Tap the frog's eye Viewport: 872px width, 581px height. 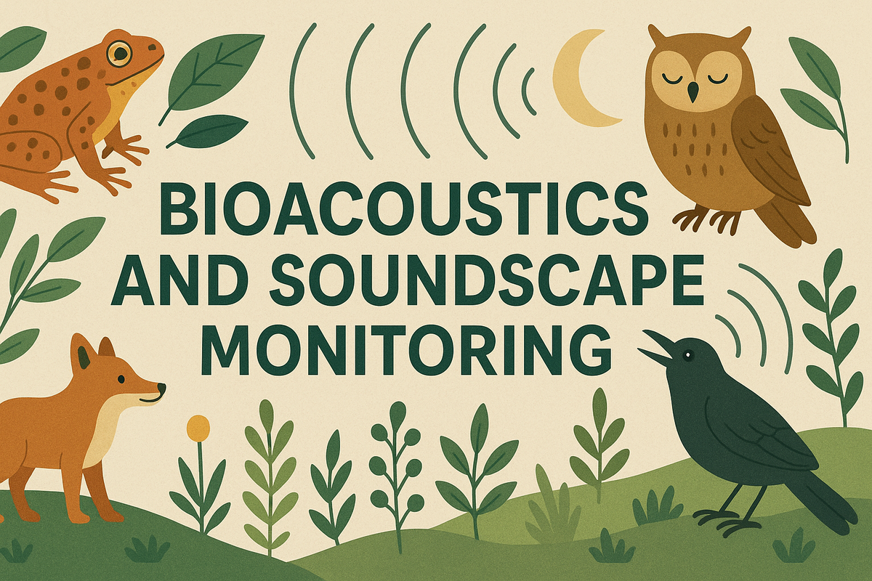[x=118, y=52]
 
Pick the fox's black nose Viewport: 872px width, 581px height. [x=161, y=389]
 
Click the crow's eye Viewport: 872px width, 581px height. [x=687, y=354]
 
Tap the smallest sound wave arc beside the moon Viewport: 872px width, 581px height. [x=528, y=92]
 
